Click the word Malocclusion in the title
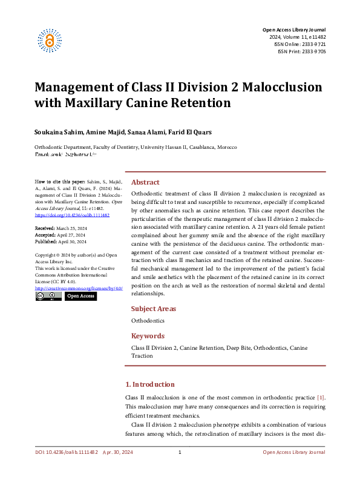click(x=283, y=87)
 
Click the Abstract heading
click(x=145, y=182)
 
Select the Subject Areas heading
click(x=154, y=309)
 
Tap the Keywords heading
click(x=148, y=336)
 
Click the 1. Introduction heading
click(x=149, y=384)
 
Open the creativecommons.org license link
click(x=79, y=289)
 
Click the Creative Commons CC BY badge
click(x=48, y=297)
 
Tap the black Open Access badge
click(x=80, y=297)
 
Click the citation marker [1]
click(x=321, y=397)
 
